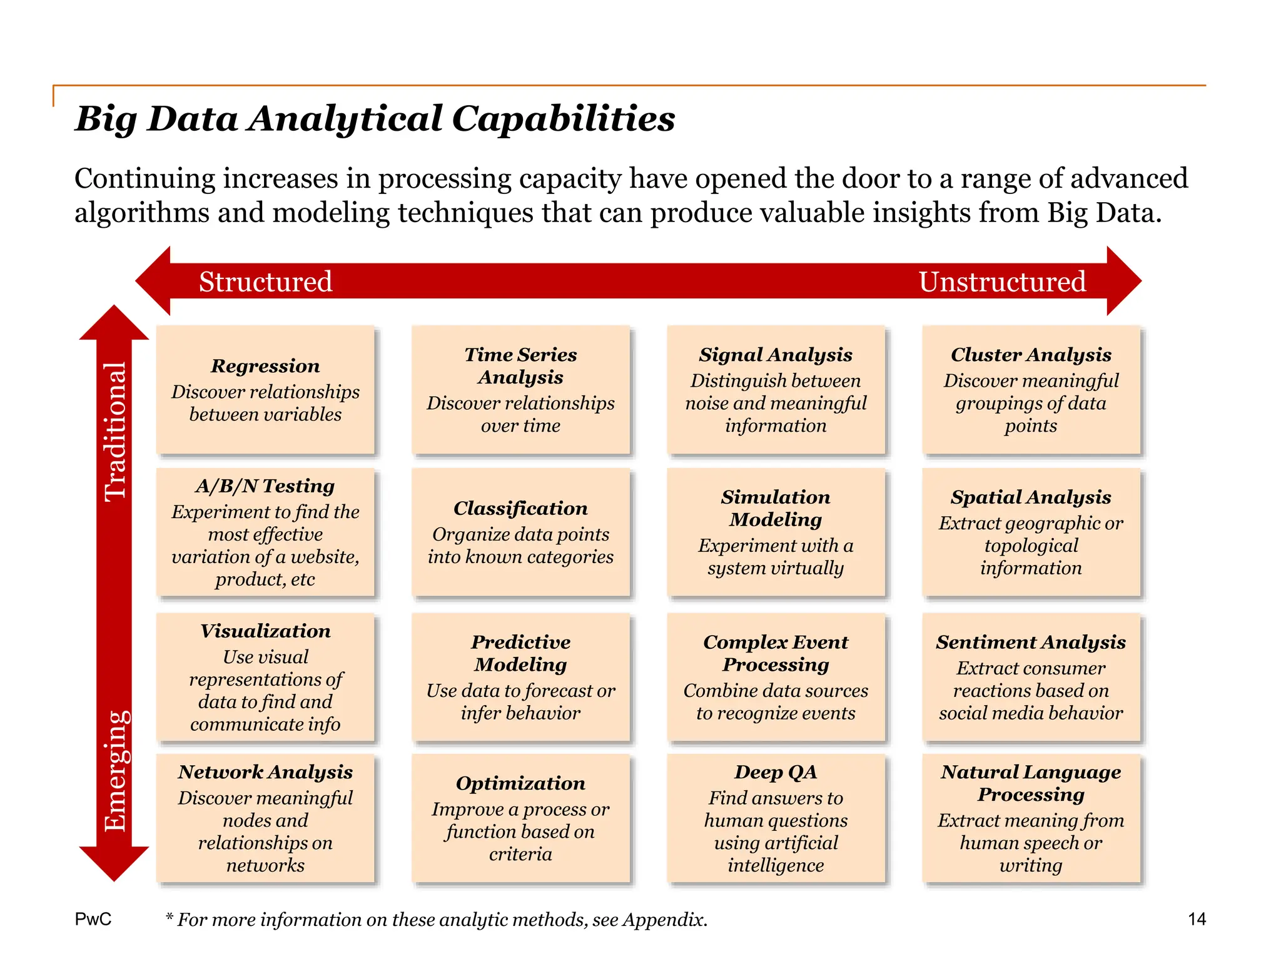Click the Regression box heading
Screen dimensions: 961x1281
coord(265,366)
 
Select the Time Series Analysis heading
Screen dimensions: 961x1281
coord(520,366)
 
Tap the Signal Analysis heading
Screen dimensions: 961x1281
coord(776,355)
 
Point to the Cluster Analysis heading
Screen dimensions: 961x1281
coord(1031,355)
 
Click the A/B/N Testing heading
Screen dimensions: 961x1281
coord(265,486)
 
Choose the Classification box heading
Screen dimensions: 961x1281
coord(520,509)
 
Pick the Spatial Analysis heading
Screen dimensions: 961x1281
coord(1031,497)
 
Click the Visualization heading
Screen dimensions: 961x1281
coord(265,631)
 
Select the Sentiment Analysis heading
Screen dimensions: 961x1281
coord(1031,643)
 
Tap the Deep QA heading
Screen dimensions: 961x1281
coord(776,772)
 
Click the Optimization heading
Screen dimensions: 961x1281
coord(520,783)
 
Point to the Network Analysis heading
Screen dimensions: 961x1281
coord(265,772)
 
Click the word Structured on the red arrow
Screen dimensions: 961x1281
coord(265,282)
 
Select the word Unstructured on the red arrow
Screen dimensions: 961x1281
coord(1002,282)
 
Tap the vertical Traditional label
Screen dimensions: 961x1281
coord(115,432)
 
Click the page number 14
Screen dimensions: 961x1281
coord(1197,919)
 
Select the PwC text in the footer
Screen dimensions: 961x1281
coord(93,919)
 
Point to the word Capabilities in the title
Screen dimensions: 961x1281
coord(563,119)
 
